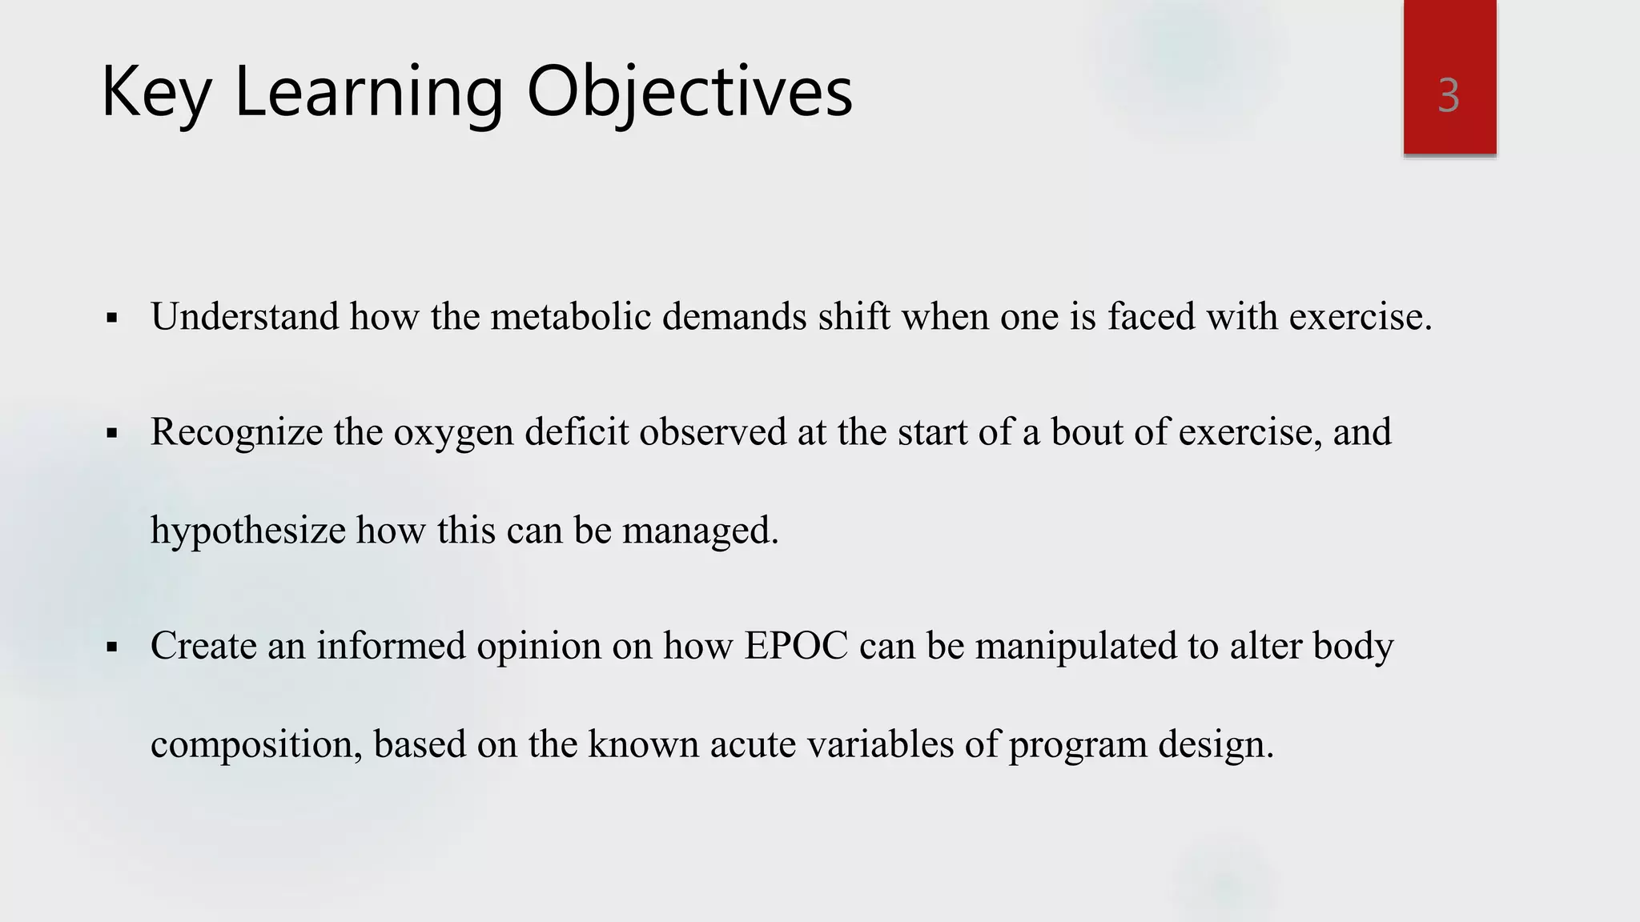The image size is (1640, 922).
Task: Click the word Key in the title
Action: coord(155,94)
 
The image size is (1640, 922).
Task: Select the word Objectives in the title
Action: coord(689,94)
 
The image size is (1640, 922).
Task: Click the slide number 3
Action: coord(1448,96)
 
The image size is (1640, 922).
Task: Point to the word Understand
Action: coord(244,317)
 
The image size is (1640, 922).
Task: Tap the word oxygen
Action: coord(453,434)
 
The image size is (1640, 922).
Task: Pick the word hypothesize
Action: coord(247,531)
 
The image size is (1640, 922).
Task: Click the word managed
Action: coord(699,531)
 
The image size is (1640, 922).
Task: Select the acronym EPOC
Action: coord(796,646)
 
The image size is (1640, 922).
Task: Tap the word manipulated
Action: coord(1075,647)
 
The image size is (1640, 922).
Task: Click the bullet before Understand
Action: coord(112,319)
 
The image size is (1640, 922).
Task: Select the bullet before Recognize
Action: coord(112,435)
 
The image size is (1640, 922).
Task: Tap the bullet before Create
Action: coord(112,647)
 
